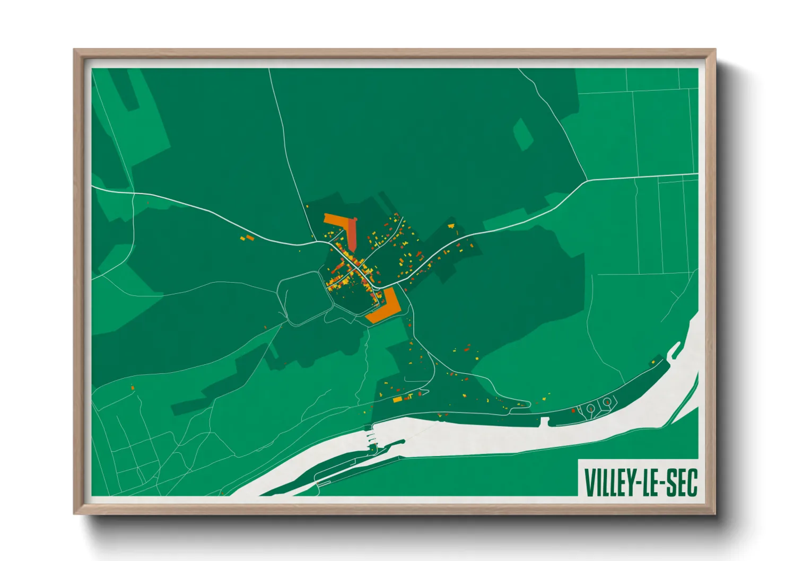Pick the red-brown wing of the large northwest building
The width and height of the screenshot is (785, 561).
pos(352,236)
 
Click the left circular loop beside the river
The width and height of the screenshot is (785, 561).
pos(590,408)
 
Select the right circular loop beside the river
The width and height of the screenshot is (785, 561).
pos(607,403)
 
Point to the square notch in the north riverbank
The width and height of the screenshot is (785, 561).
pos(544,422)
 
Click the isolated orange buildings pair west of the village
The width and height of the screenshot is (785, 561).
pos(247,238)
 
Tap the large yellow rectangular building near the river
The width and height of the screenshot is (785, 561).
pos(397,399)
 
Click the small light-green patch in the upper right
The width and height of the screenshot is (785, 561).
pos(523,134)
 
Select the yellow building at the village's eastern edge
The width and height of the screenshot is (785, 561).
pos(452,226)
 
